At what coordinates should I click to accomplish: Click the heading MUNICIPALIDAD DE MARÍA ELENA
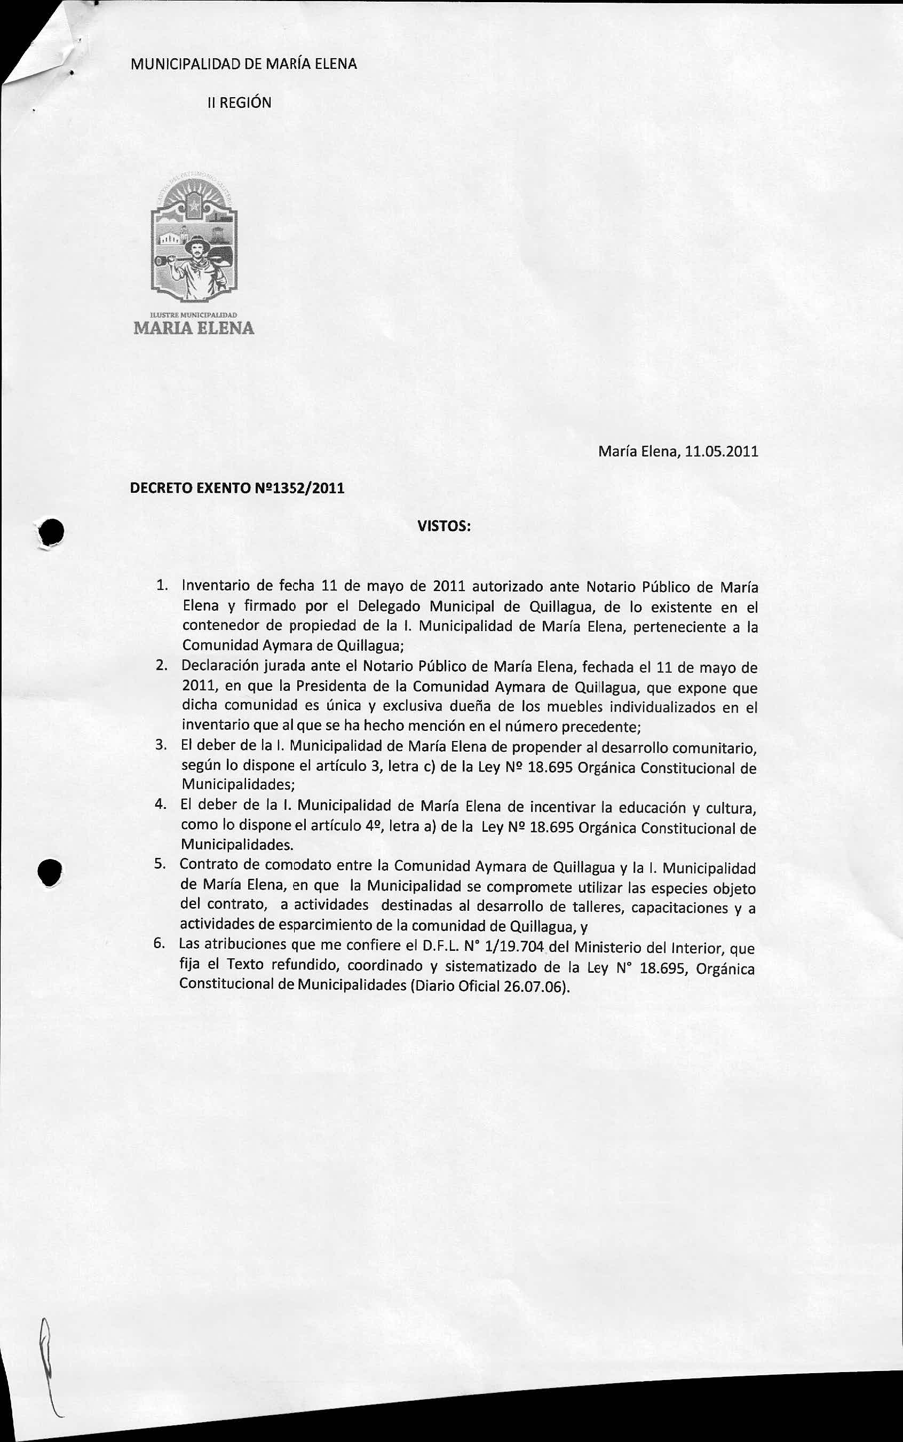coord(244,64)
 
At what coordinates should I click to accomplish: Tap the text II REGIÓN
coord(239,103)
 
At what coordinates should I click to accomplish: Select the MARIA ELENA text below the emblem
coord(194,328)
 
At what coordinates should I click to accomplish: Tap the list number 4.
coord(160,804)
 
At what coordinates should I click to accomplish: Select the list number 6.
coord(159,944)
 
